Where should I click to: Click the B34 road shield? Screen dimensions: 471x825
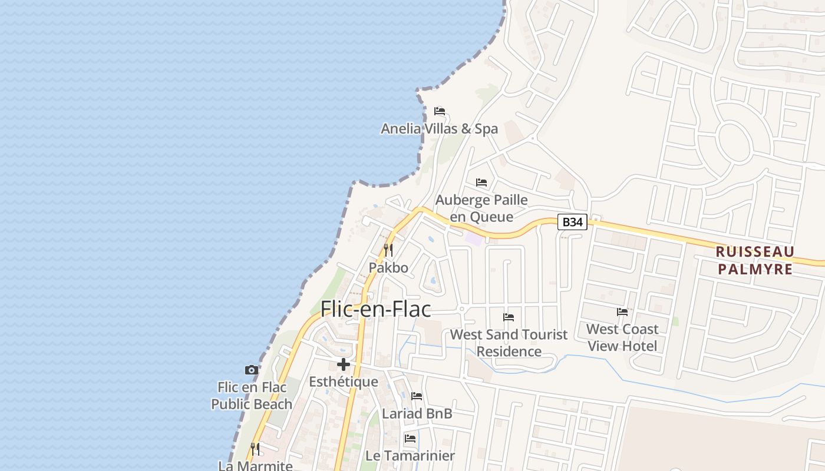pos(573,222)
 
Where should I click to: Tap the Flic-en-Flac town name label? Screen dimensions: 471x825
pos(375,309)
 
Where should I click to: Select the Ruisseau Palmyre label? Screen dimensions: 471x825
pos(755,260)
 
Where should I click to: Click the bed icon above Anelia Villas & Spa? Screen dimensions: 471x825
pos(439,111)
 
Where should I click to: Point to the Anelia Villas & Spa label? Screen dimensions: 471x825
pos(439,128)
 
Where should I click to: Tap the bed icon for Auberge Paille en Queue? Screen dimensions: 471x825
pos(481,182)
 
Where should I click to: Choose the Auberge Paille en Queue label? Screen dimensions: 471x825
pos(481,208)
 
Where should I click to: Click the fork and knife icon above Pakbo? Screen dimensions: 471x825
pos(388,250)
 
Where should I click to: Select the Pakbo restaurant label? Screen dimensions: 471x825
pos(388,267)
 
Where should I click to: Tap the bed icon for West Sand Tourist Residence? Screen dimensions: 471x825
pos(509,317)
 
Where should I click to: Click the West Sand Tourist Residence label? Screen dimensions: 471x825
pos(509,343)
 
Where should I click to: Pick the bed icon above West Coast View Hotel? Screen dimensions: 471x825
pos(622,312)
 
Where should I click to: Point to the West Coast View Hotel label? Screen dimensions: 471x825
pos(622,337)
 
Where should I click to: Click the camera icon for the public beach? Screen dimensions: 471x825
pos(252,370)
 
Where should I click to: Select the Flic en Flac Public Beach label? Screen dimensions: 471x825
pos(252,396)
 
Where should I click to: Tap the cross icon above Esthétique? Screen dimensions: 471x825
pos(344,364)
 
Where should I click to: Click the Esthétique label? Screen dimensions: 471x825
pos(344,382)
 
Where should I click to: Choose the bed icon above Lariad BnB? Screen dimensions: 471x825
pos(417,396)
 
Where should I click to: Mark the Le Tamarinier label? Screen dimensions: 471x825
pos(410,456)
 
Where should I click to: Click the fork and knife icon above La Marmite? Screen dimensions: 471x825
pos(255,449)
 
